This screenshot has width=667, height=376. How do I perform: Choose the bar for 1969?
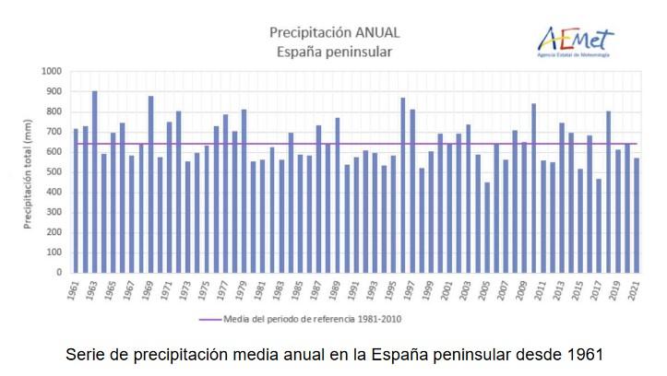[150, 183]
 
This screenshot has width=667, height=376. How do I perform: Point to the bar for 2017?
[599, 225]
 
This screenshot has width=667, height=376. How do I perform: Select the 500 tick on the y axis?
[54, 172]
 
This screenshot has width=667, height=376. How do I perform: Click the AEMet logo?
[575, 41]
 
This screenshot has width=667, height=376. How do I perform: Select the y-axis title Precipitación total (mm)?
[28, 171]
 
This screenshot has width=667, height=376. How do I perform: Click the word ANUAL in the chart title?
[374, 32]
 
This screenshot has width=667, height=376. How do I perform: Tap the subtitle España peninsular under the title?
[334, 52]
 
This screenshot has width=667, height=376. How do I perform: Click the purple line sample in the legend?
[219, 319]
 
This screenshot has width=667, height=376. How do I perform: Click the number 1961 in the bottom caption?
[584, 354]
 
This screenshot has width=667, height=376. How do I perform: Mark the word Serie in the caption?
[85, 354]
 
